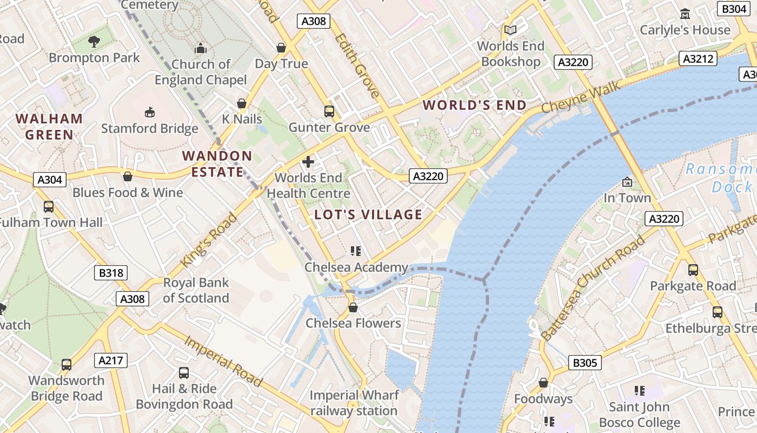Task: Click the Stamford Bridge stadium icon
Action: point(149,112)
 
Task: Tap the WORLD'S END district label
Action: point(474,105)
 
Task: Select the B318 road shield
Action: point(111,273)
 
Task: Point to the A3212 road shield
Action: point(698,58)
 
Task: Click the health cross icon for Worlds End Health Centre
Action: point(308,161)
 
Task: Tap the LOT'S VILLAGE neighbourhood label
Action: point(368,214)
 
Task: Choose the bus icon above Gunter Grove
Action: point(329,111)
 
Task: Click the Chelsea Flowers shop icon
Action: point(353,307)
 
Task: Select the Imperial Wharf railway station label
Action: point(354,403)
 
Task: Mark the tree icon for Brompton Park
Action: point(94,41)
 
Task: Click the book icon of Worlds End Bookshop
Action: point(510,30)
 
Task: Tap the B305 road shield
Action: point(585,363)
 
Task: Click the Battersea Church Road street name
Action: point(593,288)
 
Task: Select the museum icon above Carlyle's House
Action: point(685,14)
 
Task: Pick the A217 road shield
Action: point(111,360)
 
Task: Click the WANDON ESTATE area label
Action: point(217,164)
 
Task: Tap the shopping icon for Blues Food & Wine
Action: point(128,176)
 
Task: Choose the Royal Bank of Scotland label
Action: point(196,290)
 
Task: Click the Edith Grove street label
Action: point(357,65)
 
